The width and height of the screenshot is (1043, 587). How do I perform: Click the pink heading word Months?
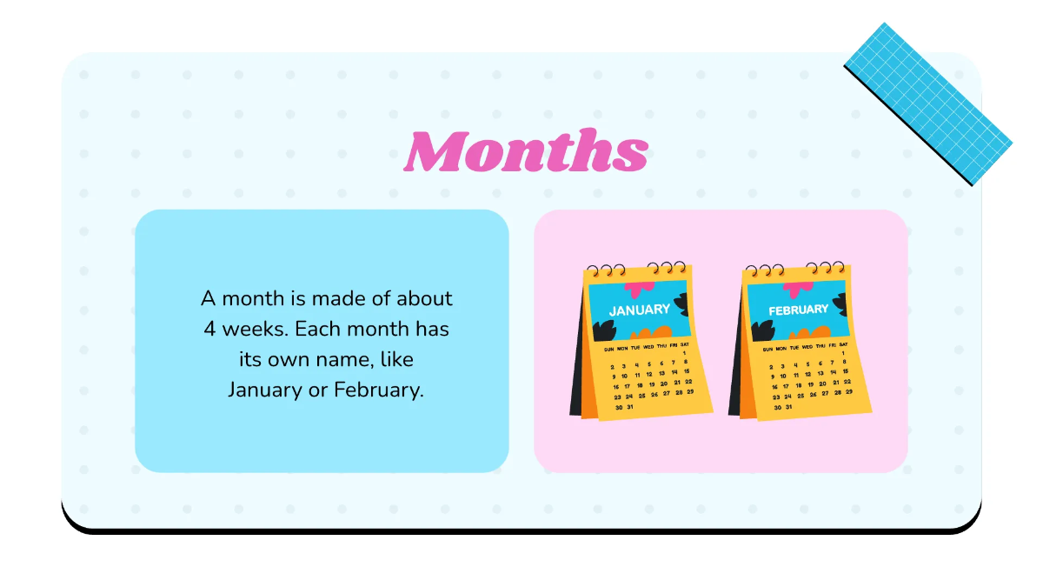click(526, 150)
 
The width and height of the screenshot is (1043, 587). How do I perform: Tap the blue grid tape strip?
click(928, 103)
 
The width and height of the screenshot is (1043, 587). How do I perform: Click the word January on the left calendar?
click(639, 310)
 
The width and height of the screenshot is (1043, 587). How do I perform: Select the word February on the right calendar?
click(798, 310)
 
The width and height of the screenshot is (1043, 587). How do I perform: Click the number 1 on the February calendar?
click(844, 353)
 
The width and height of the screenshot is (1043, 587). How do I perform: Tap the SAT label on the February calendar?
click(843, 345)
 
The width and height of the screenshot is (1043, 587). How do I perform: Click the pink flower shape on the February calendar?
click(797, 289)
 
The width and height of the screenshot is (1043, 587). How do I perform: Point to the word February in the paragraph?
click(378, 390)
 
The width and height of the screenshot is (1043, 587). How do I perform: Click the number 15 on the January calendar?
click(686, 370)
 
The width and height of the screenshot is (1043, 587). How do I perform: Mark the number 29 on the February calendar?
click(848, 392)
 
